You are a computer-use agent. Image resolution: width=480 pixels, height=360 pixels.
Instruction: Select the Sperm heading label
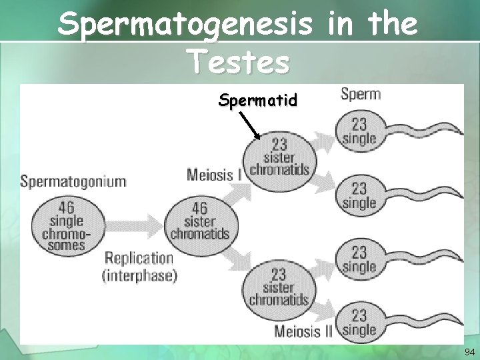point(361,93)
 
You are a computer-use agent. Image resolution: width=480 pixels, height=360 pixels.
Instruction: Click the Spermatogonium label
point(73,181)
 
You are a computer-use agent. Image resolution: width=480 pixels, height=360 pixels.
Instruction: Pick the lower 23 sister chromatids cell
point(279,286)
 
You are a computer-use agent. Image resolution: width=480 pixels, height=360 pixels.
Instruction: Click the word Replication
point(139,259)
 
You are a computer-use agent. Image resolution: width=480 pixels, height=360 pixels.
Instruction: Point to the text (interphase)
point(140,275)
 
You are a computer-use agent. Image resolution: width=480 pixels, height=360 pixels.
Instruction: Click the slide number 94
point(469,352)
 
